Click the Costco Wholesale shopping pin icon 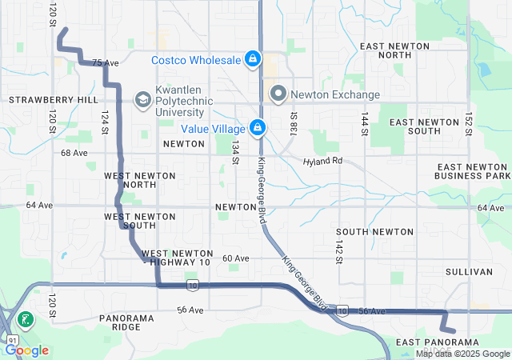[252, 59]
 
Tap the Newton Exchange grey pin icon [278, 94]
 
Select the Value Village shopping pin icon [258, 127]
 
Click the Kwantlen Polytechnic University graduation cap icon [142, 99]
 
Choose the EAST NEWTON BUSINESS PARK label [473, 170]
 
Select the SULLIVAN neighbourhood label [469, 272]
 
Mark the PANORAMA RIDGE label [126, 322]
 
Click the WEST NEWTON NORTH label [130, 179]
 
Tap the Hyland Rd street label [322, 161]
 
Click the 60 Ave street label [236, 258]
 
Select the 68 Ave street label [74, 152]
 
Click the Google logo [27, 350]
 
